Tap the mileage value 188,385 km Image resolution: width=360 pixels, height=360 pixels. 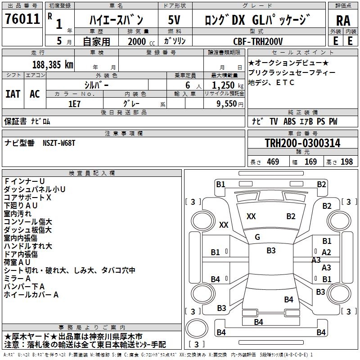(53, 64)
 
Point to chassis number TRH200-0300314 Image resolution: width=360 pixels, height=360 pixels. (302, 143)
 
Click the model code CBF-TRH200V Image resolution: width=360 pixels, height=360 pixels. (258, 41)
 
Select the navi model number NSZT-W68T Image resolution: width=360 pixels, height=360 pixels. (59, 143)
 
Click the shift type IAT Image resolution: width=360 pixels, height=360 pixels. (13, 94)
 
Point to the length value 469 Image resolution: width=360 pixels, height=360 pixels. (273, 162)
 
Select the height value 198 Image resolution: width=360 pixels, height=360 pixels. (346, 162)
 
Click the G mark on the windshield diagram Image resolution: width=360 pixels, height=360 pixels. (257, 237)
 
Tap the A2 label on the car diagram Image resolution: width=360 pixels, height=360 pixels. (327, 252)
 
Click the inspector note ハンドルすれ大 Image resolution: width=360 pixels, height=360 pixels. (28, 246)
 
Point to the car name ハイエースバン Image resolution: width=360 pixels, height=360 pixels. (116, 20)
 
